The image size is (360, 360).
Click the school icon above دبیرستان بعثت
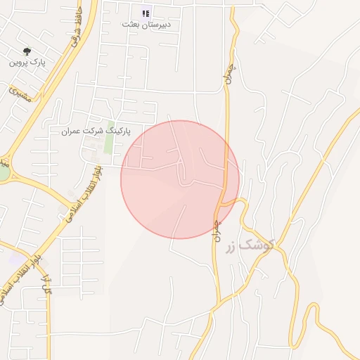click(146, 13)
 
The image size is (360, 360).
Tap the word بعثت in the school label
click(131, 25)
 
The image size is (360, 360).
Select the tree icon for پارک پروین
click(27, 51)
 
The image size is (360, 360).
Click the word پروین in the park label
click(18, 62)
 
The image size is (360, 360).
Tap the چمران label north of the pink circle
click(229, 72)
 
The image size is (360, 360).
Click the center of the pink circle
click(180, 179)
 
